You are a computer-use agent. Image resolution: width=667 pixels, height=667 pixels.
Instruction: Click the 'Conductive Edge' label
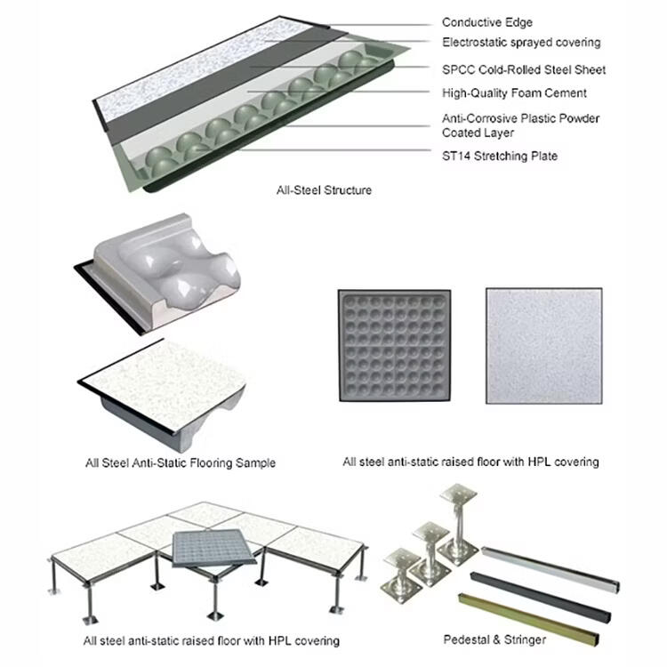click(x=487, y=22)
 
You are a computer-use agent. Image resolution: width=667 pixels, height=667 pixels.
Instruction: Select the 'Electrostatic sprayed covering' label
click(x=521, y=43)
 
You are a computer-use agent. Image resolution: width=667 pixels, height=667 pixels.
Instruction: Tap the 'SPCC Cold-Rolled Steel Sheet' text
click(x=524, y=69)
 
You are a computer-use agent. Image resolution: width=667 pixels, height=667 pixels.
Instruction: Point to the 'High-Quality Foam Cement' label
click(x=514, y=93)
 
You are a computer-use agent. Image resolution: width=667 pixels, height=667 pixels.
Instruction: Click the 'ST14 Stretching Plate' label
click(x=500, y=157)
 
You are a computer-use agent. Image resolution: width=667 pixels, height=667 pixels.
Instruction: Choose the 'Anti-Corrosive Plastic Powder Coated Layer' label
click(x=520, y=125)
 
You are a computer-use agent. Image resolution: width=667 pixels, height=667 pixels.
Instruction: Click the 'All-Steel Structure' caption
click(x=324, y=190)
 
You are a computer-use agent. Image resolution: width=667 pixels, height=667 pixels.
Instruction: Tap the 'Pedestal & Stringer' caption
click(x=494, y=639)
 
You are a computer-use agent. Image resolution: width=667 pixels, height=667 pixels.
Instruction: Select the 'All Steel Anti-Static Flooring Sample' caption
click(x=181, y=462)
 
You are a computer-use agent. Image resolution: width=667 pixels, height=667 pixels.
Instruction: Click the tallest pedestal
click(x=459, y=524)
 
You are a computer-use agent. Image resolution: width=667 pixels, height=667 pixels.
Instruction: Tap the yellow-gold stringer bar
click(x=528, y=619)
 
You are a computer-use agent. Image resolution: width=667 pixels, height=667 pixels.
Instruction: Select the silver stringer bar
click(x=550, y=569)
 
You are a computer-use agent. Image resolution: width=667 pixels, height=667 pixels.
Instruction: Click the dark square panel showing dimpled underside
click(x=394, y=345)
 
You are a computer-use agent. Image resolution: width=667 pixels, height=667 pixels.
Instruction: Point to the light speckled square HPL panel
click(x=544, y=345)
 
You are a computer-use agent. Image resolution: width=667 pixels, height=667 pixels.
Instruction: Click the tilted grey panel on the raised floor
click(x=214, y=549)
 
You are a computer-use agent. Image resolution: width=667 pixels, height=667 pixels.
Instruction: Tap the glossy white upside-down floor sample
click(x=157, y=273)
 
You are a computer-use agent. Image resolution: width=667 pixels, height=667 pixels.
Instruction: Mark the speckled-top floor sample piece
click(x=162, y=393)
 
